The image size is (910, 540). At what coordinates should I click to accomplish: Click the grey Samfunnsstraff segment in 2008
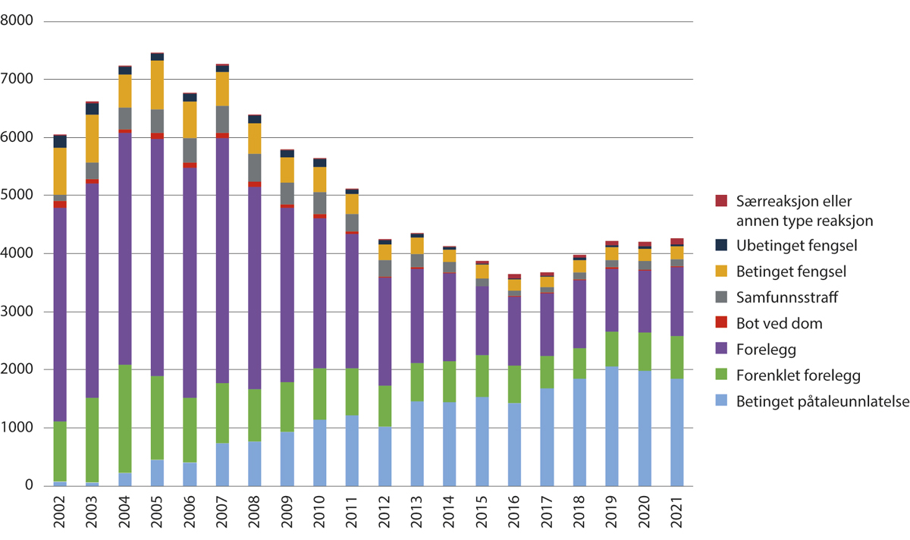tap(254, 168)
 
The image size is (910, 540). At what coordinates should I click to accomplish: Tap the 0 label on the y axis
tap(29, 485)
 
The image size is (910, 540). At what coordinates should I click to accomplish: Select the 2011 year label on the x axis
tap(352, 513)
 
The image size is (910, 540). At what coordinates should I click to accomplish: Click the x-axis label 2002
tap(60, 513)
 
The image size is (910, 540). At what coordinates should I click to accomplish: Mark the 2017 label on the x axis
tap(547, 513)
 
